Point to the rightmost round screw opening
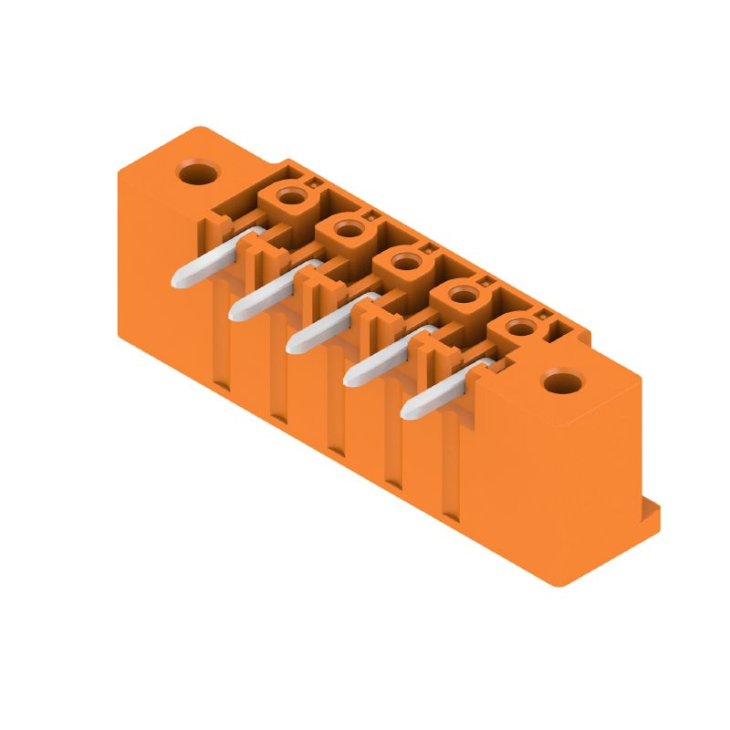517,326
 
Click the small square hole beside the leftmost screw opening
316,183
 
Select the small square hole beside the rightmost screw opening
540,314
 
